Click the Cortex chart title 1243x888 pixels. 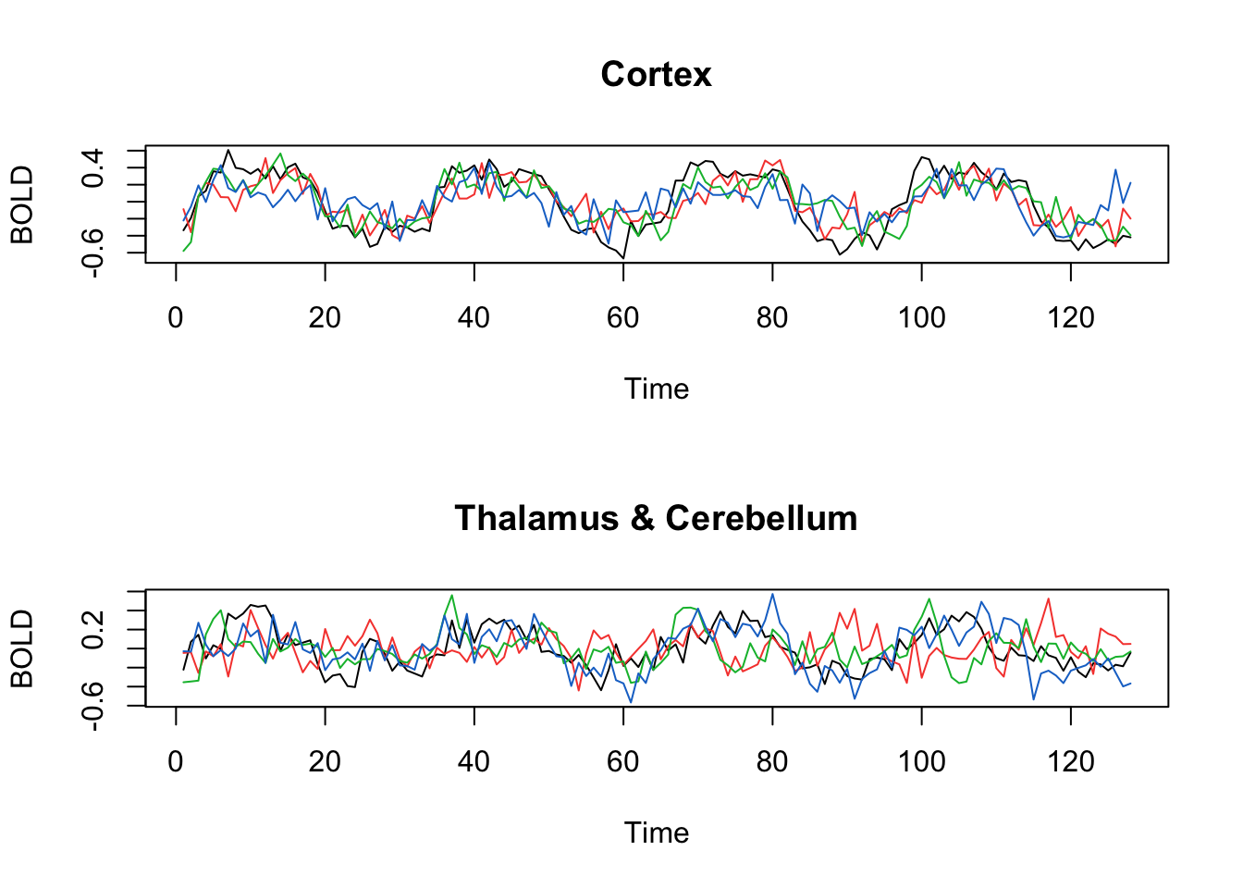tap(656, 74)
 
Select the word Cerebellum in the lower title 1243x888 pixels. tap(761, 518)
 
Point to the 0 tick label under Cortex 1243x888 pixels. tap(176, 318)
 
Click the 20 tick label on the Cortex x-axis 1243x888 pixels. tap(325, 318)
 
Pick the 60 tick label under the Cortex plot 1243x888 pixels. tap(623, 318)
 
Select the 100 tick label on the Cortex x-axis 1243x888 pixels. tap(921, 318)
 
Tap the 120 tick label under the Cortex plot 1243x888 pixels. tap(1071, 318)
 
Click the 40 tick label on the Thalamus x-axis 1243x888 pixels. tap(474, 762)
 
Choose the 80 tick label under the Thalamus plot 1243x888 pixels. tap(772, 762)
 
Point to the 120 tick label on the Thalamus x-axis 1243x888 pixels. tap(1071, 762)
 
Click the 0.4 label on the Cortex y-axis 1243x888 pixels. tap(93, 168)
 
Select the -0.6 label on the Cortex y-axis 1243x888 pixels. tap(93, 252)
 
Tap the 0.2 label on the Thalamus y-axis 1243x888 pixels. tap(93, 630)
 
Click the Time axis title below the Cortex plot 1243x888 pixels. tap(656, 388)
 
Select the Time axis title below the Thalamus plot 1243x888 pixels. tap(656, 832)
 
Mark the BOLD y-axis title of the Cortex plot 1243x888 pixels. tap(22, 204)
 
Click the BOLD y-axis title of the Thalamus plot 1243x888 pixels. tap(22, 648)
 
